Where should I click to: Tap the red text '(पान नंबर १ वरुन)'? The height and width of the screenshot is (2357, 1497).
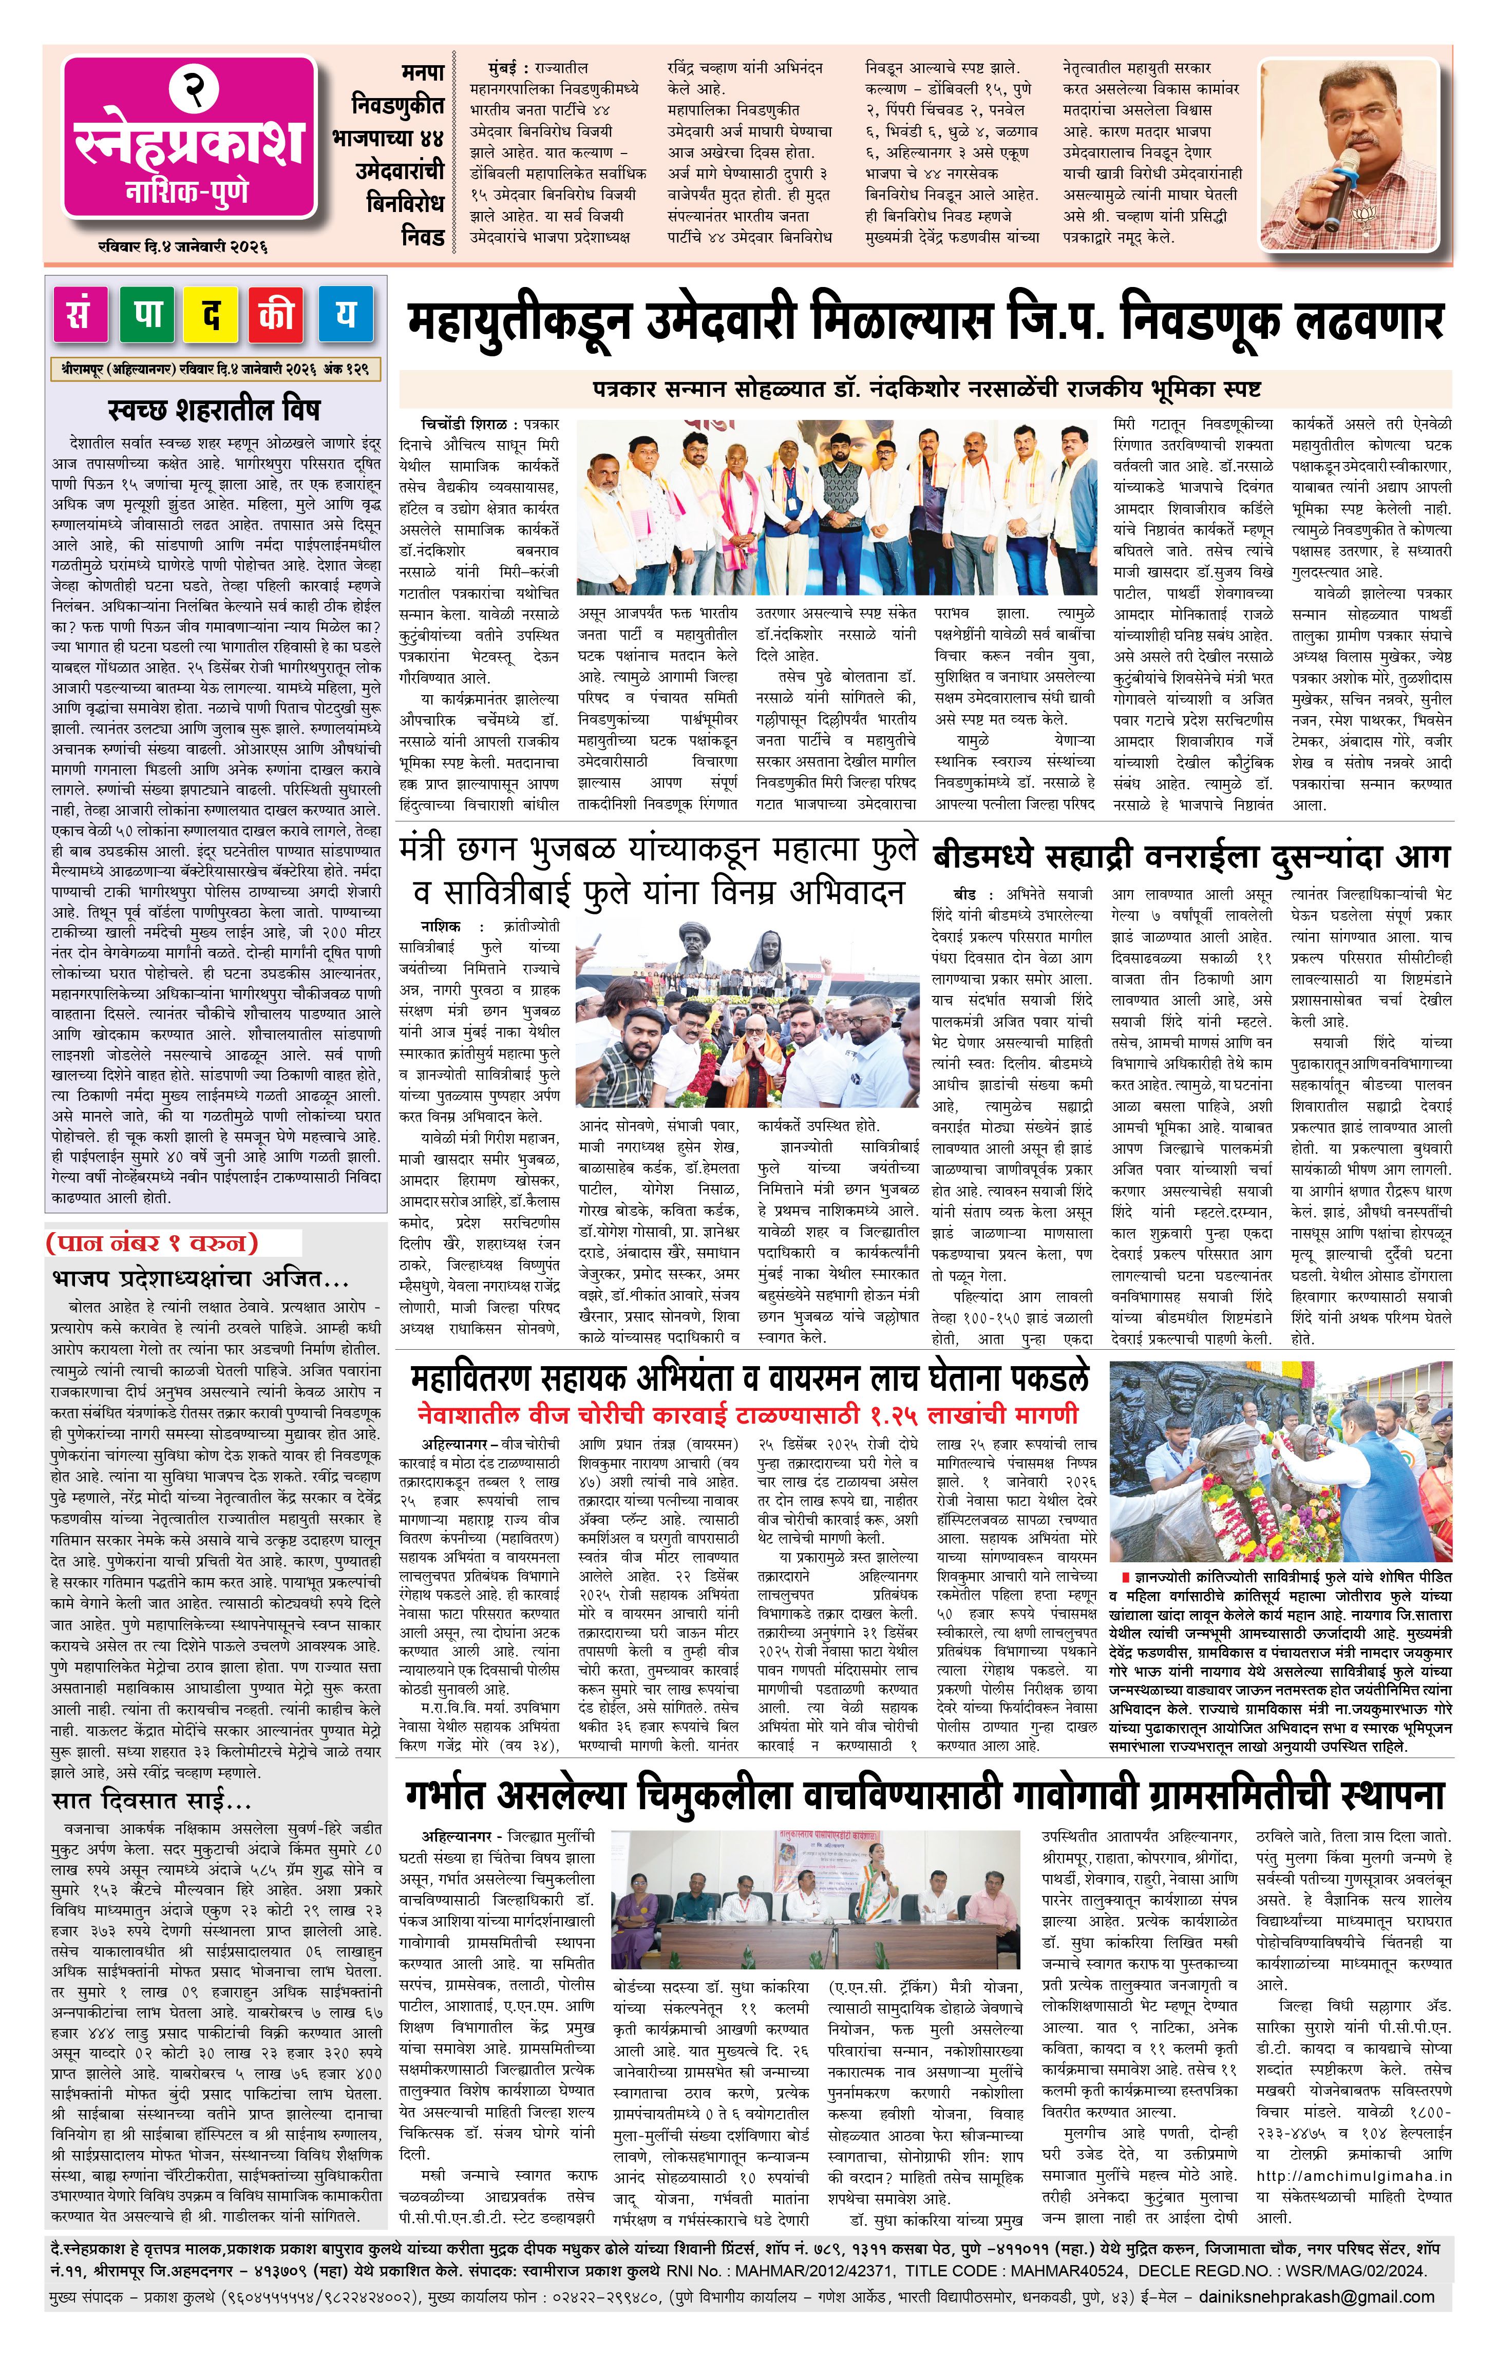coord(152,1243)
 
